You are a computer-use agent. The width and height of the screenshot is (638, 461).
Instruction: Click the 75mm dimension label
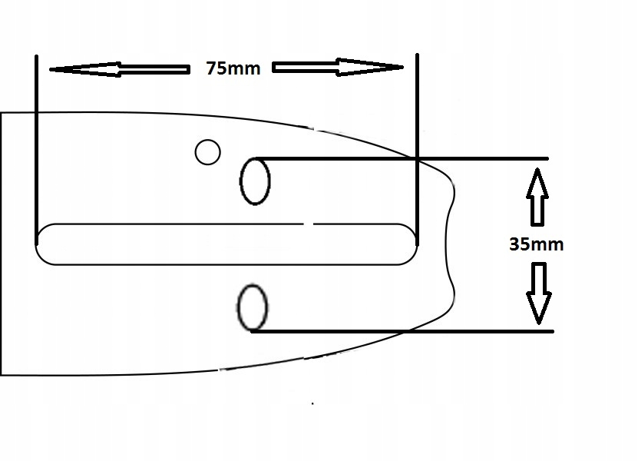pos(233,68)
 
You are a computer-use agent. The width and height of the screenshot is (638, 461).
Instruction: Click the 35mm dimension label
pos(536,245)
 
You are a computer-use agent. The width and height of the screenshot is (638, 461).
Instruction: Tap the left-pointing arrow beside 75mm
pos(119,69)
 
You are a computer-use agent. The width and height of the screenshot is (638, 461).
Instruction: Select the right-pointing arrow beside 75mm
pos(338,68)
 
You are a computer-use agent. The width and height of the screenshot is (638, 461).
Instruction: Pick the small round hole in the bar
pos(207,152)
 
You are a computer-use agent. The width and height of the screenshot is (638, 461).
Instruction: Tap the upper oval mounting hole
pos(256,181)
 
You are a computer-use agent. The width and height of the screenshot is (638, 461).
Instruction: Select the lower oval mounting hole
pos(253,307)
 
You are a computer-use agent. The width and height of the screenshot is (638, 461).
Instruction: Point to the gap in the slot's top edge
pos(309,224)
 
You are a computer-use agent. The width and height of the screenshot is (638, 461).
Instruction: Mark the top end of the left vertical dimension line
pos(36,56)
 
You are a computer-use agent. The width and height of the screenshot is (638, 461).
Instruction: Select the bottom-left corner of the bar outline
pos(2,374)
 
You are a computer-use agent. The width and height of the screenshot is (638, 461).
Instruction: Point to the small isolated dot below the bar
pos(313,403)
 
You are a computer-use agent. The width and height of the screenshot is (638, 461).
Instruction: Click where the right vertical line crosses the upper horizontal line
pos(417,158)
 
